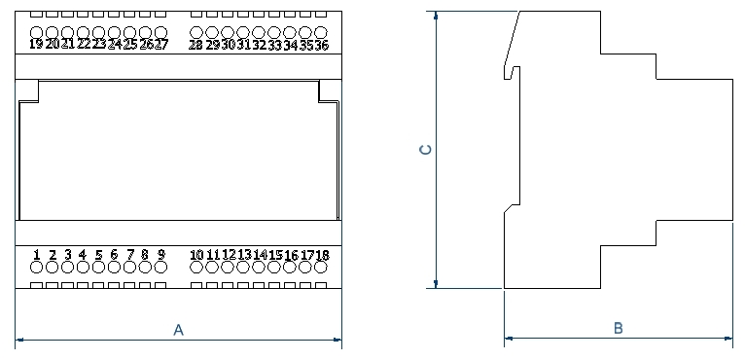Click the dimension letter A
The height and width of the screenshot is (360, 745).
[x=178, y=330]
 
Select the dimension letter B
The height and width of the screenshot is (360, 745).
[x=618, y=329]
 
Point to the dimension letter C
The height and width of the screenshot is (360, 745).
[x=425, y=151]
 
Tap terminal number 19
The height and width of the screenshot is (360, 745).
[x=36, y=44]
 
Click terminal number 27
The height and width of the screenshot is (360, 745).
[x=161, y=44]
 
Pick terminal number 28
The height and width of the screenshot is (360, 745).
[x=195, y=45]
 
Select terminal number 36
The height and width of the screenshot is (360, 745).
[x=321, y=45]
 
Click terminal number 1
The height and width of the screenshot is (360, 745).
[x=36, y=255]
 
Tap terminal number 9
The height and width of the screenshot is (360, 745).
[x=161, y=255]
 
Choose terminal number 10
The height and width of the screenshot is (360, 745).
[x=196, y=255]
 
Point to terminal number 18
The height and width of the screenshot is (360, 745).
[x=322, y=255]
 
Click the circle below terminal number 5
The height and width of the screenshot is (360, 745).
[x=98, y=268]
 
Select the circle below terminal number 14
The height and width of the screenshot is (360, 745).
[x=260, y=268]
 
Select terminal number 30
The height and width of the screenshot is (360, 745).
[x=228, y=45]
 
